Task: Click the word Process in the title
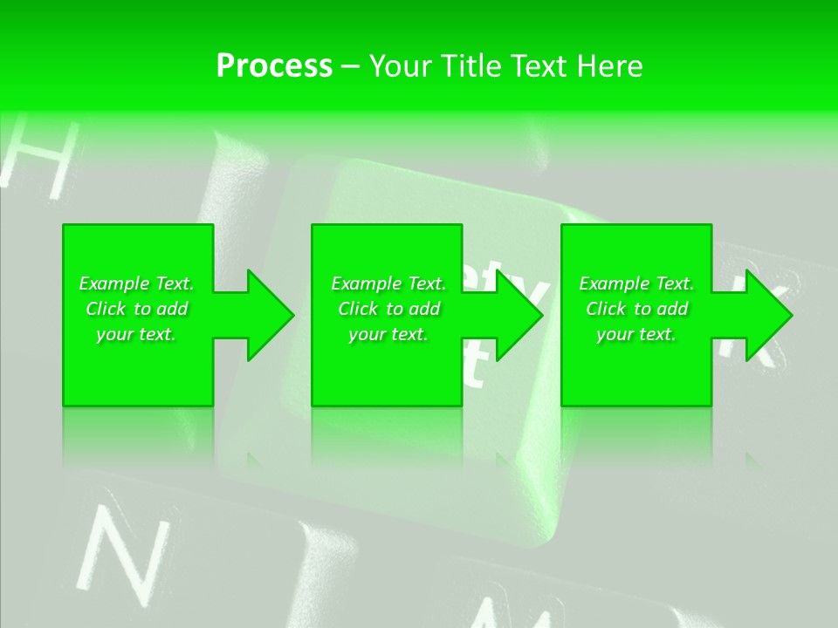coord(274,66)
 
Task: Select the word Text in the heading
coord(539,66)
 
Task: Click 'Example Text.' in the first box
coord(136,283)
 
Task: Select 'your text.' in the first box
coord(136,334)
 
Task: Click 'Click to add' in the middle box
coord(388,309)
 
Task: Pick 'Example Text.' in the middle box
coord(388,283)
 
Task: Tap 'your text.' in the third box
coord(636,334)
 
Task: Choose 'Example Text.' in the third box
coord(636,283)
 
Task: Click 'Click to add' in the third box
coord(636,309)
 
